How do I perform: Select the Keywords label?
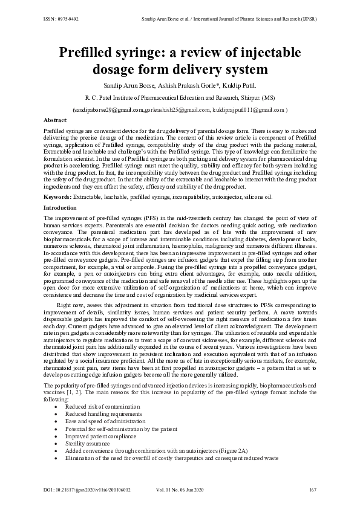tap(58, 197)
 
